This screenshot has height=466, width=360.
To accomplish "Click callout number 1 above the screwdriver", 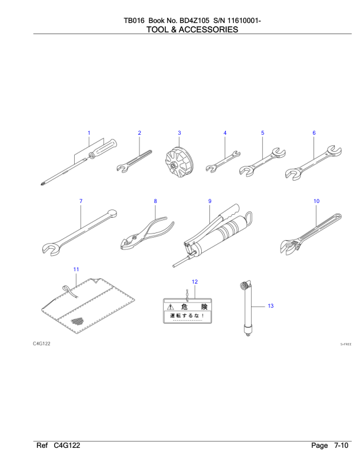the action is coord(89,133).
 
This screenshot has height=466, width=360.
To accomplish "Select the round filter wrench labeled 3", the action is coord(179,162).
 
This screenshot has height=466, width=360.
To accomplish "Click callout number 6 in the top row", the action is coord(314,133).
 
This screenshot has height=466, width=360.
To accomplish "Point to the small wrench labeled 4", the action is coord(223,162).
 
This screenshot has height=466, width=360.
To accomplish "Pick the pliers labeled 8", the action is coord(148,234).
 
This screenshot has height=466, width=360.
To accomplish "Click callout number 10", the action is coord(316,201).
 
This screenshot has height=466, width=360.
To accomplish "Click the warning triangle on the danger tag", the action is coord(171,307).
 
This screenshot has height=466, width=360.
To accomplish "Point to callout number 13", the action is coord(271,306).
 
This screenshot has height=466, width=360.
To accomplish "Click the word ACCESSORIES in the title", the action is coord(208,30).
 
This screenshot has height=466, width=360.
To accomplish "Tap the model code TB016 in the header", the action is coord(134,21).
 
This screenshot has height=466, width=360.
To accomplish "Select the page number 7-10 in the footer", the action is coord(341,445).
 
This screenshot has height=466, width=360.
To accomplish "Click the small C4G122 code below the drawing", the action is coord(42,344).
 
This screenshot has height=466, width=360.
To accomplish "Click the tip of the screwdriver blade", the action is coord(41,184).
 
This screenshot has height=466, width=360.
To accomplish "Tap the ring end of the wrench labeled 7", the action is coord(112,214).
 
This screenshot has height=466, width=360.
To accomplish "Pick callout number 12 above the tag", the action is coord(195,282).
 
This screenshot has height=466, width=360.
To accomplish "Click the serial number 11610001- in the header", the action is coord(244,21).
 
